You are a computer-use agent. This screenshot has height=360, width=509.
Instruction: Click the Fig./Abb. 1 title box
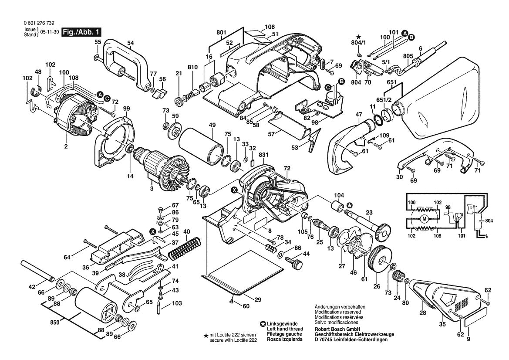pos(82,32)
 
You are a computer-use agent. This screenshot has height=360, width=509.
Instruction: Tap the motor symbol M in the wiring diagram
pos(424,219)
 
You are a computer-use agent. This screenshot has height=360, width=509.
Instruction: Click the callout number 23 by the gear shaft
pos(369,213)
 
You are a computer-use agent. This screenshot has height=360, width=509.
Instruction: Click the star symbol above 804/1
pos(358,37)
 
